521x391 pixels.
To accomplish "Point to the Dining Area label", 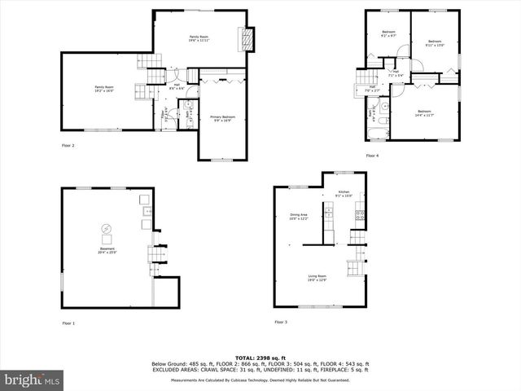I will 299,217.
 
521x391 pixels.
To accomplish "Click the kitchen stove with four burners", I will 359,215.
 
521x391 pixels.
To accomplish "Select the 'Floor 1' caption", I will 68,323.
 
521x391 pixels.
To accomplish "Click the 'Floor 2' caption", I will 68,145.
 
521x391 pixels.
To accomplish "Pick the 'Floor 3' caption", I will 281,322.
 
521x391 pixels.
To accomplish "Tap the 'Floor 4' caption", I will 372,156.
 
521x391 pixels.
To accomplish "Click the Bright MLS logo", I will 33,380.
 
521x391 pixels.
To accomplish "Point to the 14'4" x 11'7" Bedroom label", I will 424,113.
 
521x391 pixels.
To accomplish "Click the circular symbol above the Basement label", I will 106,229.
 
